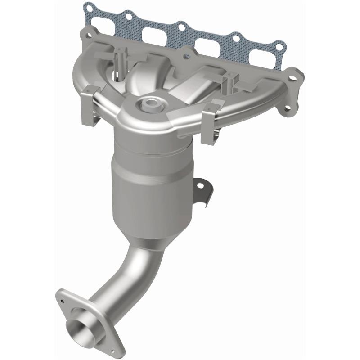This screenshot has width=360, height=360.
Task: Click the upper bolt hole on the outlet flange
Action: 62,295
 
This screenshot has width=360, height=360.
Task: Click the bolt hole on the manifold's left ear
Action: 89,36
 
